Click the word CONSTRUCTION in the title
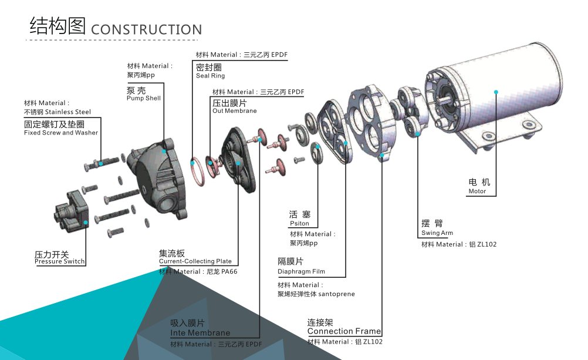(147, 29)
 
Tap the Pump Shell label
(143, 98)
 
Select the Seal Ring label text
(210, 76)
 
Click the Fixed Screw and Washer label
(61, 133)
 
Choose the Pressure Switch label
(59, 261)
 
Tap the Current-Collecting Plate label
(195, 261)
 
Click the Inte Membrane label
(200, 333)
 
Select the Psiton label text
(299, 224)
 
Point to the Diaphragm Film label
(301, 271)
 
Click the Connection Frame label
(344, 331)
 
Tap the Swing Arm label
(437, 233)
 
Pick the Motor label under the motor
(477, 191)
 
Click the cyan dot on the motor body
(496, 92)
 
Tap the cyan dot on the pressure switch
(86, 223)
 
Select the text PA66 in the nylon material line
(228, 272)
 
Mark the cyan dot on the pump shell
(164, 151)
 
